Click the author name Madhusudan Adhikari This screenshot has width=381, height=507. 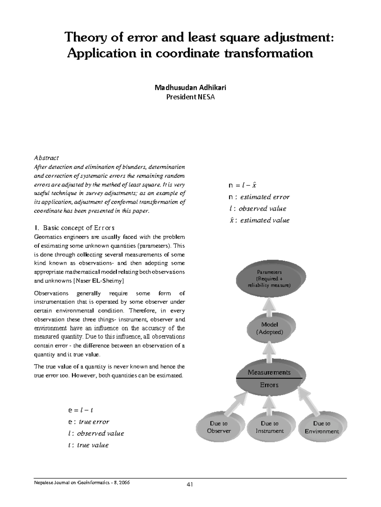point(190,87)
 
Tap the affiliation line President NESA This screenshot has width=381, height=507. point(190,97)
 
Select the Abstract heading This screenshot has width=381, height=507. point(46,157)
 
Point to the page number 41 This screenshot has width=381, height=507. point(190,484)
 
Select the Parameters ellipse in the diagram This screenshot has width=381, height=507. point(270,279)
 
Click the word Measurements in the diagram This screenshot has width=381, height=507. point(269,372)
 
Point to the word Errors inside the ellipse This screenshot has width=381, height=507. point(269,385)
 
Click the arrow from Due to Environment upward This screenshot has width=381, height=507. point(307,403)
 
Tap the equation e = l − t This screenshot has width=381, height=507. point(80,410)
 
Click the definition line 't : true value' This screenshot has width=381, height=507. point(88,445)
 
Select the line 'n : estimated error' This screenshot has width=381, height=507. point(259,197)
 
